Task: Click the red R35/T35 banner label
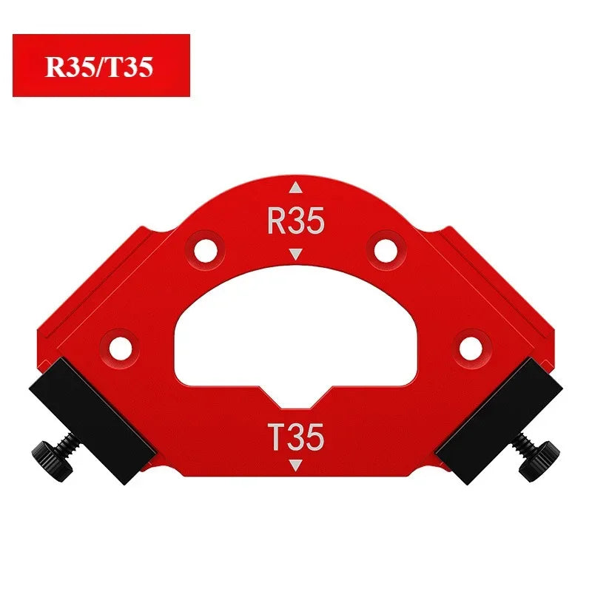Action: coord(101,65)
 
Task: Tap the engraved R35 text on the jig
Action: coord(295,221)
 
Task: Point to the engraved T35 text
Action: coord(295,437)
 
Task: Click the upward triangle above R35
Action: coord(295,187)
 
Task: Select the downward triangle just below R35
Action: coord(295,254)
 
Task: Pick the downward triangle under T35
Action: coord(295,465)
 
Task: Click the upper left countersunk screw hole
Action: coord(206,251)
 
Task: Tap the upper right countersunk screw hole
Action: coord(386,251)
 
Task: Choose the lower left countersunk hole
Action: coord(121,349)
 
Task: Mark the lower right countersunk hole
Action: coord(471,349)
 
